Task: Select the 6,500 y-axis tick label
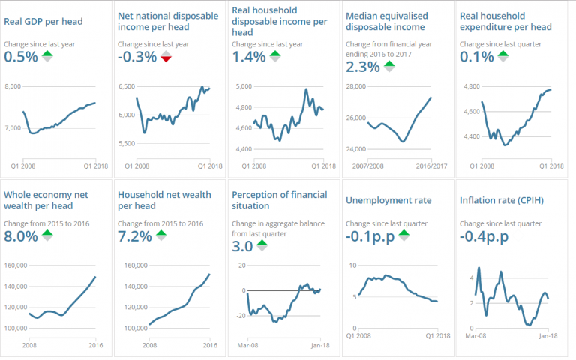129,87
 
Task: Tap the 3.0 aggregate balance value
242,246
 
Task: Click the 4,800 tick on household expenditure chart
472,87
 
